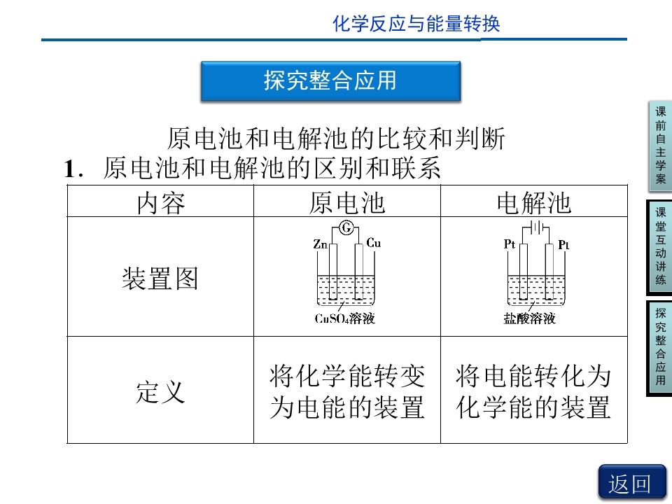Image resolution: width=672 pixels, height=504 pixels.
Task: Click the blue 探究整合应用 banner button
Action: [331, 81]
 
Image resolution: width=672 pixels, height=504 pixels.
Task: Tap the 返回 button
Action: [631, 483]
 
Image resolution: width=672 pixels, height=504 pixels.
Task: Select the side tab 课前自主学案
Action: [660, 146]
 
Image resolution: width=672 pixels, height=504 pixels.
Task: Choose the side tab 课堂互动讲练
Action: [660, 247]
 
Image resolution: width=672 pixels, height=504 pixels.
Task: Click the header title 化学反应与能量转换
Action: [416, 23]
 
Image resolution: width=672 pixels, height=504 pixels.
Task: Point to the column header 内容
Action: [161, 203]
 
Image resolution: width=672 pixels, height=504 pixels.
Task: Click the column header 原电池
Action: [347, 203]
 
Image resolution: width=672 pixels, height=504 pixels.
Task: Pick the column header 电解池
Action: [534, 203]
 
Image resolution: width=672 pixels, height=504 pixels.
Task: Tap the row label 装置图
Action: [160, 278]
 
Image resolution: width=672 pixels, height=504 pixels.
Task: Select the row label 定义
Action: [160, 392]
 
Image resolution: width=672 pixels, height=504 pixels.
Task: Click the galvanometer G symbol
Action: [346, 227]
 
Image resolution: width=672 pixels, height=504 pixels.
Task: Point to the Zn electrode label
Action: [320, 244]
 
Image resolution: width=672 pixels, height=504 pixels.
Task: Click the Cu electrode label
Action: [373, 243]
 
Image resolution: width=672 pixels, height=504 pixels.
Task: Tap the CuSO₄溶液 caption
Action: [345, 318]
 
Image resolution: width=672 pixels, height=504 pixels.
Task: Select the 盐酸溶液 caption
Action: [530, 318]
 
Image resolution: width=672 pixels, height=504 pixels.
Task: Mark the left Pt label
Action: [510, 244]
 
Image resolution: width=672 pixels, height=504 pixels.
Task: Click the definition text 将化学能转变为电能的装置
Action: [347, 391]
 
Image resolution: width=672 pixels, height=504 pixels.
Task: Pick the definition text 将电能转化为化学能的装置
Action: [533, 391]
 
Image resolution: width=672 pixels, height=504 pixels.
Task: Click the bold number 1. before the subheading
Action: [73, 169]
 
